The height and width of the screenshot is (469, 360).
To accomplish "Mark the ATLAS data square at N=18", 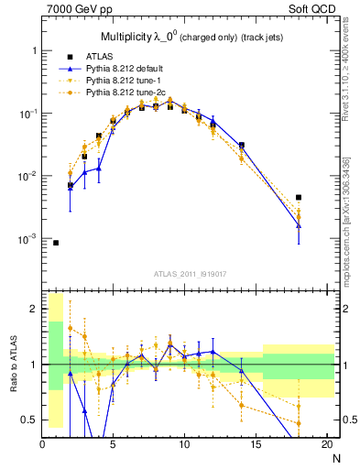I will point(299,197).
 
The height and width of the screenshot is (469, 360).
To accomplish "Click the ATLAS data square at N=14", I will point(242,145).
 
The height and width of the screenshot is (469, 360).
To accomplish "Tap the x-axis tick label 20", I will point(326,446).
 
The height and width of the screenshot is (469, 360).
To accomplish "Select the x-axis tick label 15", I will point(256,446).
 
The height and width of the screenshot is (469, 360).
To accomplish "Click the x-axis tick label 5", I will point(114,446).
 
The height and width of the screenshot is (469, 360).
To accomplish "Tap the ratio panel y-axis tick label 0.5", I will point(30,420).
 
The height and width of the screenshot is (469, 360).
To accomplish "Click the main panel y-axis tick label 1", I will point(35,51).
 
